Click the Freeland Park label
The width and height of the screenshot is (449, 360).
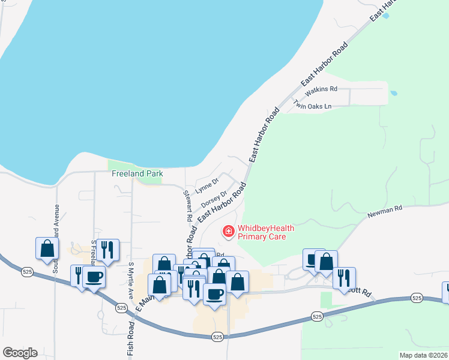click(137, 174)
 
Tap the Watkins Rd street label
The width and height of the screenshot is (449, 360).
click(322, 90)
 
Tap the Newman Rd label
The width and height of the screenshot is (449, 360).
click(385, 210)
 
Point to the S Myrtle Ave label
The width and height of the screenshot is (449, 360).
click(130, 280)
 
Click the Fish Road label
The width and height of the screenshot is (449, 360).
click(131, 341)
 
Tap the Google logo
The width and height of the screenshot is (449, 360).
click(20, 353)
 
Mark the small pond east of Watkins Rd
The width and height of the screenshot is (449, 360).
click(394, 94)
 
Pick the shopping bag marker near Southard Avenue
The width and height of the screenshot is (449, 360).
click(47, 248)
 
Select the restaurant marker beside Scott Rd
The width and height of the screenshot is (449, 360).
click(344, 277)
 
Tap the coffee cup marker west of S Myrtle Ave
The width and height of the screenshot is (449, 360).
click(94, 277)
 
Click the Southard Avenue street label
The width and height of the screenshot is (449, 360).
click(56, 239)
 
